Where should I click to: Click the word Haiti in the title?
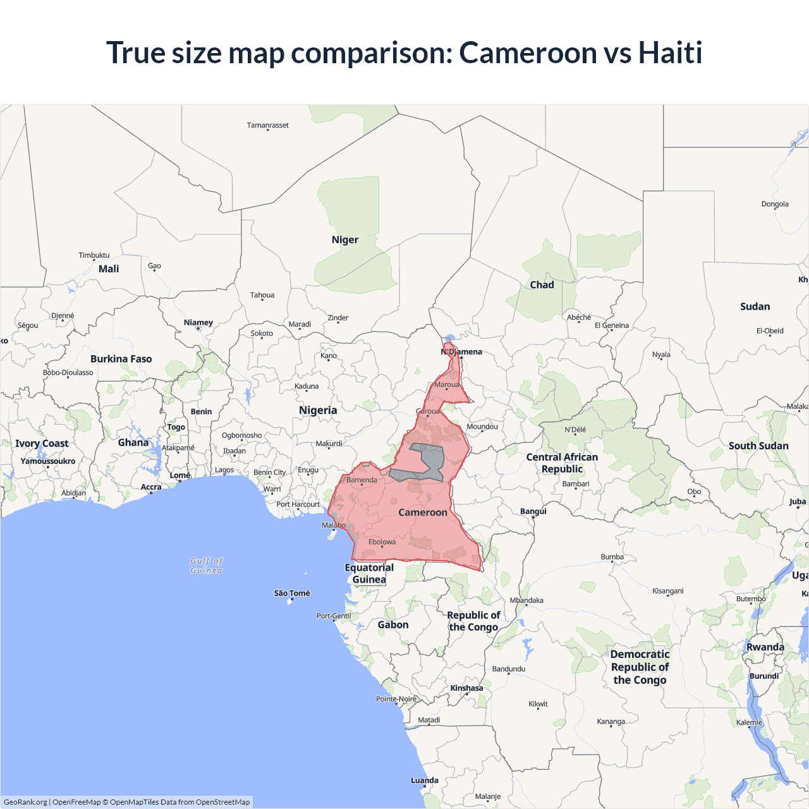click(670, 52)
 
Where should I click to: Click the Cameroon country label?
click(422, 512)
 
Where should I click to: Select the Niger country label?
click(344, 240)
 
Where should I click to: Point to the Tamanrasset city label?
click(267, 125)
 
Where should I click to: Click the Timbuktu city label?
click(94, 255)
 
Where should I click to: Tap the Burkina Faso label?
click(121, 359)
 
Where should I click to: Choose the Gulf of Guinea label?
click(207, 566)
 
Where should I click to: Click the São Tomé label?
click(292, 593)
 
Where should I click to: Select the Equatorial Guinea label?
click(369, 573)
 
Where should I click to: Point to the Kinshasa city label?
click(466, 688)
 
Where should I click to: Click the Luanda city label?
click(424, 781)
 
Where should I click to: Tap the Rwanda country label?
click(765, 647)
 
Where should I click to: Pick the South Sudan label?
click(758, 446)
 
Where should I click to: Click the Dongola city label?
click(775, 204)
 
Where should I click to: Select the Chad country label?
click(542, 285)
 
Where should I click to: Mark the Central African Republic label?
click(562, 463)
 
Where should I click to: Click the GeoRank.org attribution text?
click(25, 802)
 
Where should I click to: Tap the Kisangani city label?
click(667, 591)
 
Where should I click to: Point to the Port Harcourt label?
click(298, 504)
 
